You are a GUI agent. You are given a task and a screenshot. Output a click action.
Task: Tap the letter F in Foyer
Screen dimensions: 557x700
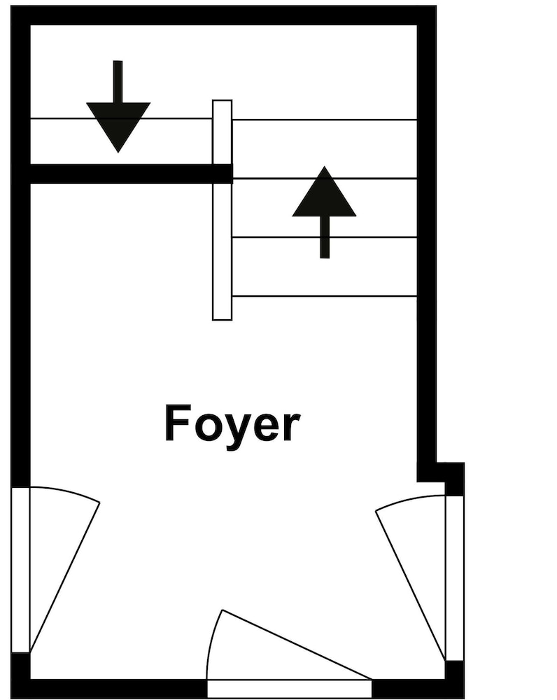click(176, 423)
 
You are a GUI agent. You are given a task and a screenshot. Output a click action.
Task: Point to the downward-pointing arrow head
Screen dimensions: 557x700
click(118, 127)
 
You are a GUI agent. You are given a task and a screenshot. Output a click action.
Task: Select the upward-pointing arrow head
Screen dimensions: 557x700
click(325, 192)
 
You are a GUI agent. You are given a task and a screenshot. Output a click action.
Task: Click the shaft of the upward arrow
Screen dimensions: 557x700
click(325, 237)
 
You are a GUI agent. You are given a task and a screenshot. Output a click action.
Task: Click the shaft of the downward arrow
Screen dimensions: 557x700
click(118, 81)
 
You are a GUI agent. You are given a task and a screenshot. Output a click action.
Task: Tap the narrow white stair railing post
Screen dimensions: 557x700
click(223, 210)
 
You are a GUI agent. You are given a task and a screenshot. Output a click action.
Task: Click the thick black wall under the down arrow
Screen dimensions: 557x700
click(132, 174)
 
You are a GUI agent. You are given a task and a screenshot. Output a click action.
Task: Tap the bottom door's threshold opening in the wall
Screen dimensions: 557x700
click(289, 689)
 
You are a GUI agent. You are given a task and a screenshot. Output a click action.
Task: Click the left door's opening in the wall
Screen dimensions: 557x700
click(20, 570)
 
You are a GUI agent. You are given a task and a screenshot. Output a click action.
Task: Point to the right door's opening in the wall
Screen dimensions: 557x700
click(454, 578)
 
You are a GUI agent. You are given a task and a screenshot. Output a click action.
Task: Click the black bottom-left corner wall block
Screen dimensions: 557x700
click(20, 675)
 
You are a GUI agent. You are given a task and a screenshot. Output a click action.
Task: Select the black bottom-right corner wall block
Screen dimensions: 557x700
click(454, 680)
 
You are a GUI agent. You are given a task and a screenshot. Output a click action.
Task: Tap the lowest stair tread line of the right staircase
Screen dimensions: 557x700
click(325, 296)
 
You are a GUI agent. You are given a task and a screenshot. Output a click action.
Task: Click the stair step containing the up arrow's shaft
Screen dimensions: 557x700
click(325, 267)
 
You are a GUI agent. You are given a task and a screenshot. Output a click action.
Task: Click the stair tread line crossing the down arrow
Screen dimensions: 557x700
click(121, 119)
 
